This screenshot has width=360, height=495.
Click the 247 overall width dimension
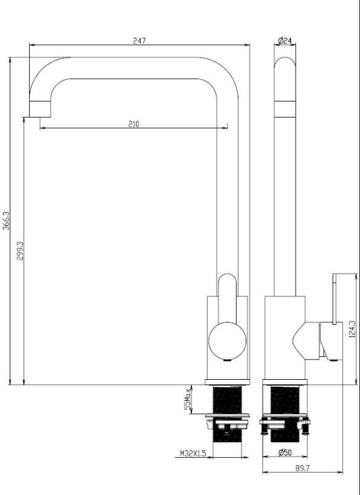pos(139,41)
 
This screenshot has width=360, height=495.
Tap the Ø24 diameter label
pos(285,41)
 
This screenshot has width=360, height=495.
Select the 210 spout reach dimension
pos(133,124)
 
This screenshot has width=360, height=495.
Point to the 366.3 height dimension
pos(6,220)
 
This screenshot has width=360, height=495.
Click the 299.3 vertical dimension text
pos(20,250)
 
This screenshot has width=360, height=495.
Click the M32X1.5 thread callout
pos(192,453)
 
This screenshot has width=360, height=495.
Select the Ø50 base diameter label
pos(285,452)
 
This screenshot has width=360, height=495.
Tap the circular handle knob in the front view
pos(227,340)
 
